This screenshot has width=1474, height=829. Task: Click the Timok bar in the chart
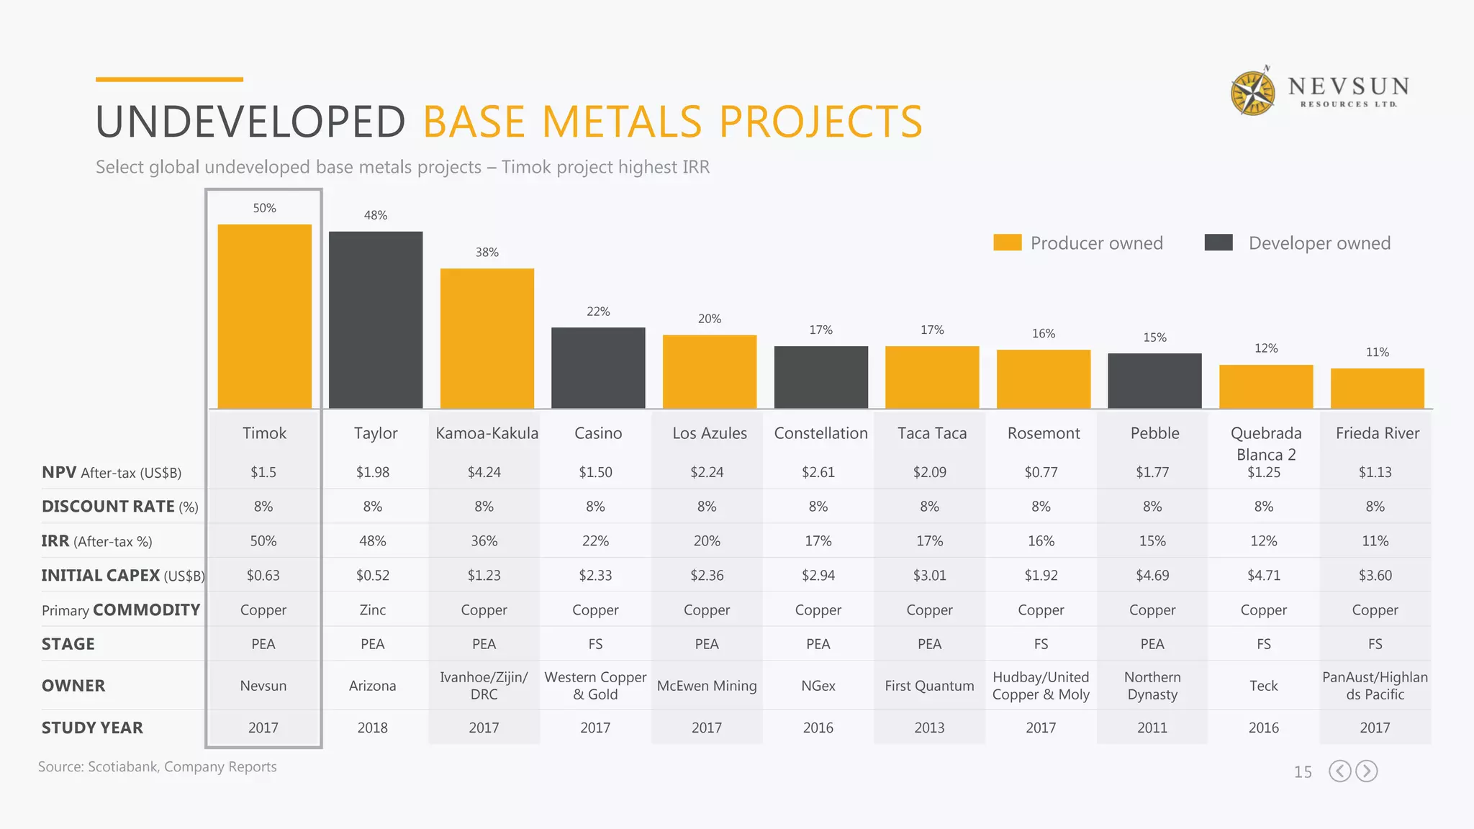[x=264, y=317]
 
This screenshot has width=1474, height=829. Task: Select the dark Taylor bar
[x=376, y=320]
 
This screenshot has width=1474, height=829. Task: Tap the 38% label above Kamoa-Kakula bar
[x=487, y=253]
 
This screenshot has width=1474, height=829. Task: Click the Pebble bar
[x=1154, y=381]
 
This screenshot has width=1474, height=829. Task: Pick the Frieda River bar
[x=1377, y=389]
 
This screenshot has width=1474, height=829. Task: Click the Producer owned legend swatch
[x=1007, y=243]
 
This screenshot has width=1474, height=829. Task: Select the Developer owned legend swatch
[x=1218, y=243]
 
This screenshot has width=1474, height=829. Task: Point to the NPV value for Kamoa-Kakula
[x=484, y=473]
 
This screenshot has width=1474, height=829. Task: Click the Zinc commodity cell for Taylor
[x=372, y=610]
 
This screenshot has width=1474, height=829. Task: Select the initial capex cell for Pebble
[x=1152, y=576]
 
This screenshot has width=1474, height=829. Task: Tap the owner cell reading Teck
[x=1263, y=686]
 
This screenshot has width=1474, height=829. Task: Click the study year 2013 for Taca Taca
[x=929, y=728]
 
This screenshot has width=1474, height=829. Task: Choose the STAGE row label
[x=68, y=644]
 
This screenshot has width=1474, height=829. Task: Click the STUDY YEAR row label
[x=92, y=728]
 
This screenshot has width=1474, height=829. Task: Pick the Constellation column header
[x=820, y=433]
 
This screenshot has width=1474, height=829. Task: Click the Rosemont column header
[x=1044, y=433]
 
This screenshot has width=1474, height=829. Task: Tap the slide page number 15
[x=1303, y=772]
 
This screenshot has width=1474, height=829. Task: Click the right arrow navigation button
[x=1366, y=771]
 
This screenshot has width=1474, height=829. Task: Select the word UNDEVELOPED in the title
[x=250, y=122]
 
